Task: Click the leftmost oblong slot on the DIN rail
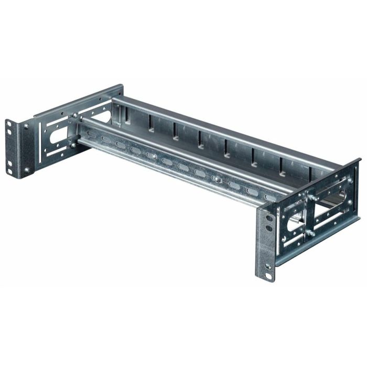coord(92,135)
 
